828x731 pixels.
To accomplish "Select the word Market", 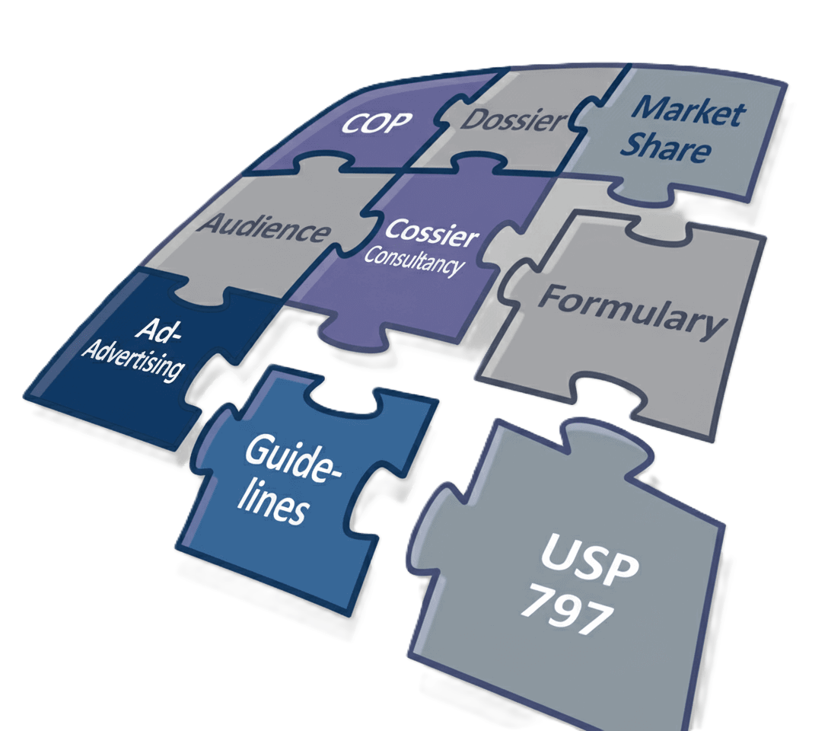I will coord(689,113).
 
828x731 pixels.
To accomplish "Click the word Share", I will coord(665,148).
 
